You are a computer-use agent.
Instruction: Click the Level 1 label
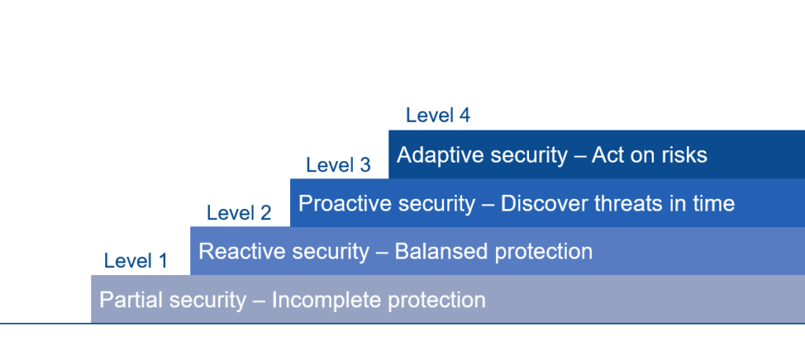(135, 261)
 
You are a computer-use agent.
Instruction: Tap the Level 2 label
(239, 212)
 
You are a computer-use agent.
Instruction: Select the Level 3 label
(338, 165)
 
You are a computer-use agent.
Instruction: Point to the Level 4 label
(438, 115)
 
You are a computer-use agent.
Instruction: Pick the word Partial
(131, 300)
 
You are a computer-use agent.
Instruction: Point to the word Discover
(544, 204)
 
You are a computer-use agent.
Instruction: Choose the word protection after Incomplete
(436, 301)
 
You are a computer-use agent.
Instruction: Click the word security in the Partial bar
(208, 301)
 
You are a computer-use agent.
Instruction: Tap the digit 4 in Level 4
(465, 115)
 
